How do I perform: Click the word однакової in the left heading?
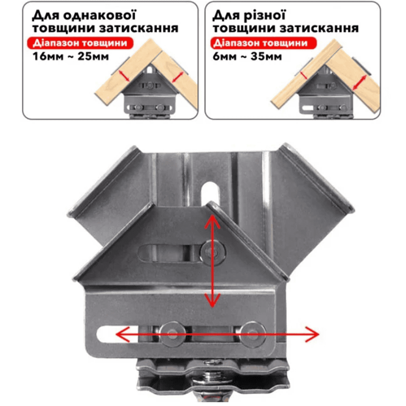[x=99, y=15]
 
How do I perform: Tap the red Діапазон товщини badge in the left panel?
[x=80, y=43]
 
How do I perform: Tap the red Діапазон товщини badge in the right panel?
[x=263, y=43]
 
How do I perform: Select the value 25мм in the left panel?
[x=93, y=57]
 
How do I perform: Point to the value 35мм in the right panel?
[x=266, y=57]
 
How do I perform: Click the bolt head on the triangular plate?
[x=213, y=252]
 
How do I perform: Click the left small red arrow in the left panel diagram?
[x=124, y=76]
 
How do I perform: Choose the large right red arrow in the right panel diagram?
[x=360, y=82]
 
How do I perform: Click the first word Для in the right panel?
[x=226, y=15]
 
